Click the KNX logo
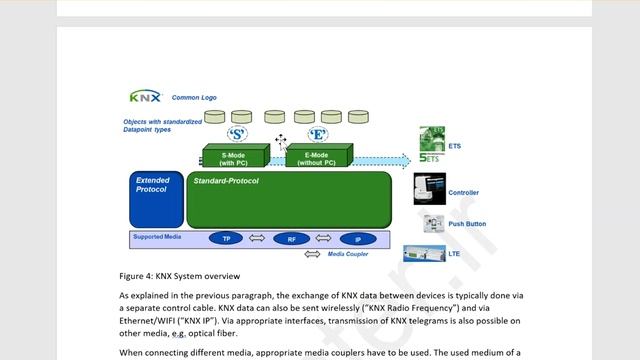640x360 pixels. (146, 97)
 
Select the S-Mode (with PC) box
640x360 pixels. (234, 157)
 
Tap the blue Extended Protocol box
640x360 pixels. (155, 199)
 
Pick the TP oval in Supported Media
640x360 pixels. (226, 239)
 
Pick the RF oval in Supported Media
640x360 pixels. (291, 239)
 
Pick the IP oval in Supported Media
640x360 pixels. (357, 239)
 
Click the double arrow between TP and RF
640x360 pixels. (257, 239)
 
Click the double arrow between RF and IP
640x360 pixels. (324, 239)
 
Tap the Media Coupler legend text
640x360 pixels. (348, 254)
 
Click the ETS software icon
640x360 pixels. (431, 145)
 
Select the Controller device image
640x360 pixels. (429, 188)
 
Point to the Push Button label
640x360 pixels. (466, 224)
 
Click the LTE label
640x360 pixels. (454, 254)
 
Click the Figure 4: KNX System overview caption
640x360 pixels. (179, 276)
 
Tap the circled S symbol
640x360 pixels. (238, 133)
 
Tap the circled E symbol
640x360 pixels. (318, 133)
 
